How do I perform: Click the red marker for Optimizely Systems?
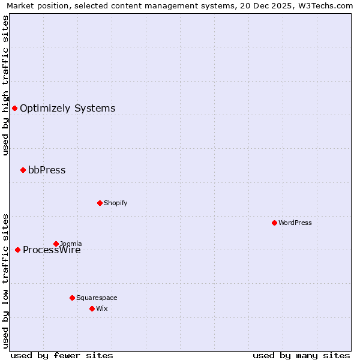pyautogui.click(x=14, y=108)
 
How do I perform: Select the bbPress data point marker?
pyautogui.click(x=23, y=170)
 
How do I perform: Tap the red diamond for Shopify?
pyautogui.click(x=100, y=203)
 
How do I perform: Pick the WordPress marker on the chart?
pyautogui.click(x=274, y=223)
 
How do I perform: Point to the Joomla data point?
pyautogui.click(x=56, y=244)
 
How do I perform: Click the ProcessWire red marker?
pyautogui.click(x=17, y=250)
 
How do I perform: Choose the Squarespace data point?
pyautogui.click(x=72, y=298)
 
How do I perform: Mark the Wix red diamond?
pyautogui.click(x=92, y=308)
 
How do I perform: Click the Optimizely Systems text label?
pyautogui.click(x=67, y=109)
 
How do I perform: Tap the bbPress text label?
pyautogui.click(x=47, y=170)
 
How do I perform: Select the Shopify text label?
pyautogui.click(x=115, y=203)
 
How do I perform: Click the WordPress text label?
pyautogui.click(x=295, y=223)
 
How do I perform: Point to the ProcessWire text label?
pyautogui.click(x=52, y=250)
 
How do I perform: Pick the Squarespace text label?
pyautogui.click(x=97, y=298)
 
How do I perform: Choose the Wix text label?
pyautogui.click(x=102, y=308)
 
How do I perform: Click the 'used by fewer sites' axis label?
pyautogui.click(x=62, y=355)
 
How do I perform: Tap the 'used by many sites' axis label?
pyautogui.click(x=301, y=355)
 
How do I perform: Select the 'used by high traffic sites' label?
pyautogui.click(x=5, y=86)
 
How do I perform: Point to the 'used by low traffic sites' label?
pyautogui.click(x=5, y=281)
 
